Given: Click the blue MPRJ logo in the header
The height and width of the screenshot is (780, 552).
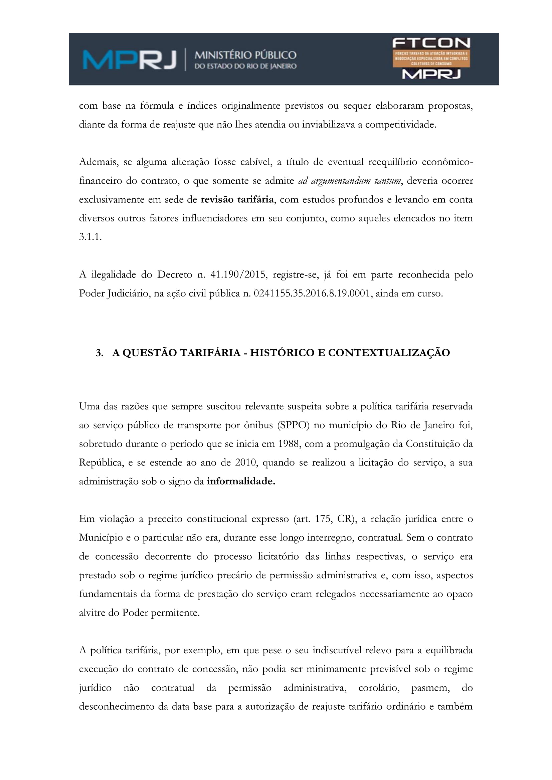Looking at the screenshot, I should pyautogui.click(x=129, y=59).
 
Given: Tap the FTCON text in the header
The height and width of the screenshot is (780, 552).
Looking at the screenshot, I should pyautogui.click(x=431, y=43).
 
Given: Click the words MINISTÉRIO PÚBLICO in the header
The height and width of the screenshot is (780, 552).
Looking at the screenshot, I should pyautogui.click(x=245, y=55).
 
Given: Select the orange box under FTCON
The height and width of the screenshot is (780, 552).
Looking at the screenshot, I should pyautogui.click(x=431, y=58).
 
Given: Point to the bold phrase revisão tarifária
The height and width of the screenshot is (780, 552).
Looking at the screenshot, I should pyautogui.click(x=237, y=199).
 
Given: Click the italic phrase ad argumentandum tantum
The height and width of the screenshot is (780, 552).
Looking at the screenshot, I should pyautogui.click(x=349, y=181).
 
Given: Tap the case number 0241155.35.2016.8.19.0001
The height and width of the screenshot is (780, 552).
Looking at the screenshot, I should pyautogui.click(x=312, y=293).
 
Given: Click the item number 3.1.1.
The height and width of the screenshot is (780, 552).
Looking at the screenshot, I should pyautogui.click(x=90, y=237).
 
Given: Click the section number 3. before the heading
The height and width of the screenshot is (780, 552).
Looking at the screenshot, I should pyautogui.click(x=99, y=353).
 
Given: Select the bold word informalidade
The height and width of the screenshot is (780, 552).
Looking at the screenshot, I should pyautogui.click(x=241, y=481).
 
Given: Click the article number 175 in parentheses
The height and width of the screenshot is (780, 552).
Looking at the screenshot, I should pyautogui.click(x=323, y=519).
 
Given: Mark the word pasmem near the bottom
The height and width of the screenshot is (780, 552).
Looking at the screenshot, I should pyautogui.click(x=430, y=688).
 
